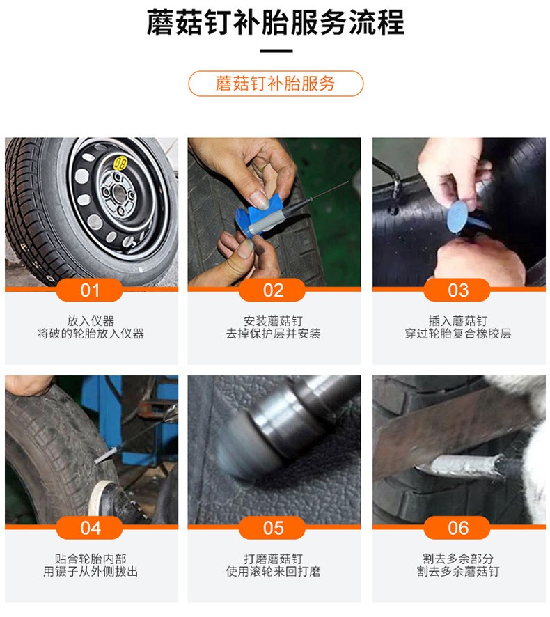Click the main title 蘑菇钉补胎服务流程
point(275,23)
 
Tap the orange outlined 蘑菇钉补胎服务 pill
point(276,84)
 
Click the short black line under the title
point(276,51)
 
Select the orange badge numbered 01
point(91,290)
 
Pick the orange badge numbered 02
point(274,290)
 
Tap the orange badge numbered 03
point(457,290)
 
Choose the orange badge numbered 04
point(91,528)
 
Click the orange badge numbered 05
point(274,528)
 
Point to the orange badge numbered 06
point(457,528)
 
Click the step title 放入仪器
point(91,321)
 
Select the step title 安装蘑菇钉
point(274,321)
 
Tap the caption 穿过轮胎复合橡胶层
point(457,334)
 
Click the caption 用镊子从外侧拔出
point(91,572)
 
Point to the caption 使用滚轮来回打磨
point(274,572)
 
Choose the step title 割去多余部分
point(457,559)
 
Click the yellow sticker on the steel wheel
point(120,163)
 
